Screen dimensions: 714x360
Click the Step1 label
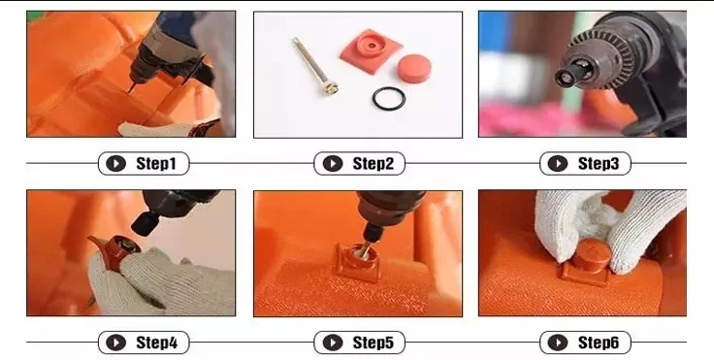coord(156,164)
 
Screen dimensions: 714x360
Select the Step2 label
coord(373,164)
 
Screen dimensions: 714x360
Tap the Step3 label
coord(599,164)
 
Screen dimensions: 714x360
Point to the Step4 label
coord(156,343)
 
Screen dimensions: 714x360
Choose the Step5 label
coord(373,343)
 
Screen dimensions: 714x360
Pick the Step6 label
coord(599,343)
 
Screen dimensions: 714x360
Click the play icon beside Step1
coord(115,164)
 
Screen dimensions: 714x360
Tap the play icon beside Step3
coord(558,164)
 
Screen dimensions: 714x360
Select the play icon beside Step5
coord(333,343)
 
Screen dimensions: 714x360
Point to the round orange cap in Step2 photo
coord(414,68)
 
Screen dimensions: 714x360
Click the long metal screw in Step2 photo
coord(314,67)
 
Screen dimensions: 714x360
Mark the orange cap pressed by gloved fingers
coord(591,255)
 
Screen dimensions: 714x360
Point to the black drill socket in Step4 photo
coord(146,223)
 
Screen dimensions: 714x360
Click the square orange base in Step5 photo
coord(357,263)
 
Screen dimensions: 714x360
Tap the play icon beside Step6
coord(558,343)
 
